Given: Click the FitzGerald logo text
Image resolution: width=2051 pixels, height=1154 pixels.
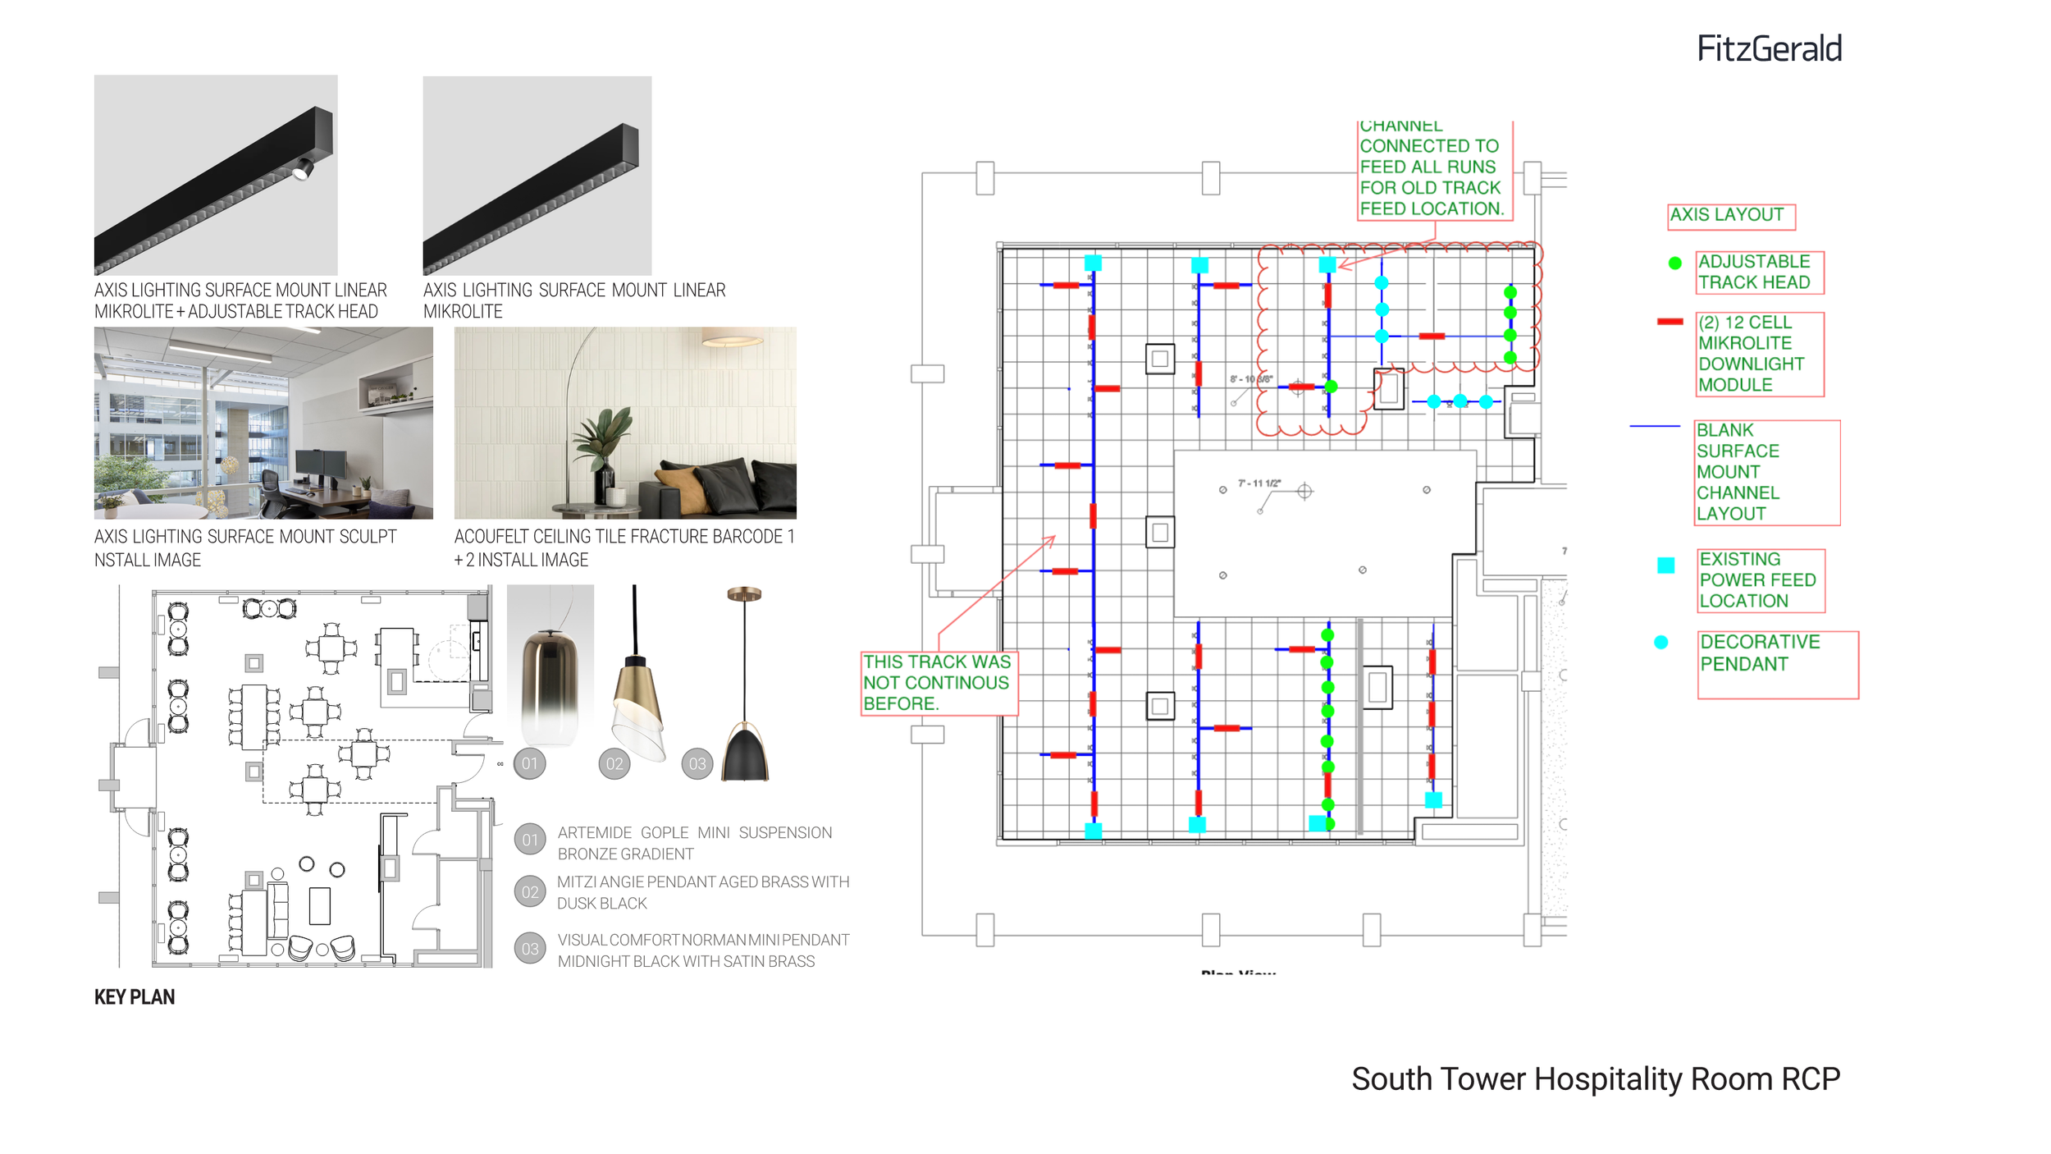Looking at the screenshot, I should pyautogui.click(x=1769, y=49).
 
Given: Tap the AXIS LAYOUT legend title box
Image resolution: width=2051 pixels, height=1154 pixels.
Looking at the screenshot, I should pyautogui.click(x=1731, y=216).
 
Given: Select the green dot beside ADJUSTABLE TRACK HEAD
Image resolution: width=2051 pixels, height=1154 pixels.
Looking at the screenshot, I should pyautogui.click(x=1675, y=263).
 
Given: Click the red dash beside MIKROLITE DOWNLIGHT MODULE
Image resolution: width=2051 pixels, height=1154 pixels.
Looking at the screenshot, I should pyautogui.click(x=1670, y=322).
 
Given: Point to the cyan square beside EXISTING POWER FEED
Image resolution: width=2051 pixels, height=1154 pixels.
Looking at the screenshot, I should pyautogui.click(x=1665, y=566).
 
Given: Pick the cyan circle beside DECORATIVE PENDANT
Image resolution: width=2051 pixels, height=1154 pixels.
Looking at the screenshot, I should pyautogui.click(x=1661, y=643).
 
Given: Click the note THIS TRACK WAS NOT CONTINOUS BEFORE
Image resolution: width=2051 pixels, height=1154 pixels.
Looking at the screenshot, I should pyautogui.click(x=938, y=683).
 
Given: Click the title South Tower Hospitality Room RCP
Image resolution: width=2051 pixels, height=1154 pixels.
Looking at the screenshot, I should pyautogui.click(x=1596, y=1079).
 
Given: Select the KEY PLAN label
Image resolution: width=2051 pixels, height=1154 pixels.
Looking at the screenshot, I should pyautogui.click(x=135, y=997).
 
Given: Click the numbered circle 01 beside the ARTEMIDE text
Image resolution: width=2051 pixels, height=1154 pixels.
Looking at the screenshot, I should pyautogui.click(x=531, y=840).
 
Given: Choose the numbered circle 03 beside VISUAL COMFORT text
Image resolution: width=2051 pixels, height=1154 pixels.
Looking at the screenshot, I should pyautogui.click(x=531, y=950).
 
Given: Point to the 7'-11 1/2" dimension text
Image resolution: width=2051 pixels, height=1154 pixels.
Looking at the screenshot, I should pyautogui.click(x=1258, y=483).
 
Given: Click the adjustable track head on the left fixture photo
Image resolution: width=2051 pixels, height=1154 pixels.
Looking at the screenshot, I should pyautogui.click(x=303, y=170).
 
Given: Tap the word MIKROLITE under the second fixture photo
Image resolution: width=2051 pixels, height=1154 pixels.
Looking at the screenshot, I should pyautogui.click(x=463, y=312).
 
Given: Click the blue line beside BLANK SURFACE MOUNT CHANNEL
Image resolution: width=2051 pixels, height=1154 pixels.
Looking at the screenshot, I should pyautogui.click(x=1655, y=427).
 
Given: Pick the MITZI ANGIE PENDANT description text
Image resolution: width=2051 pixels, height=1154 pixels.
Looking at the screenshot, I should pyautogui.click(x=703, y=893).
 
